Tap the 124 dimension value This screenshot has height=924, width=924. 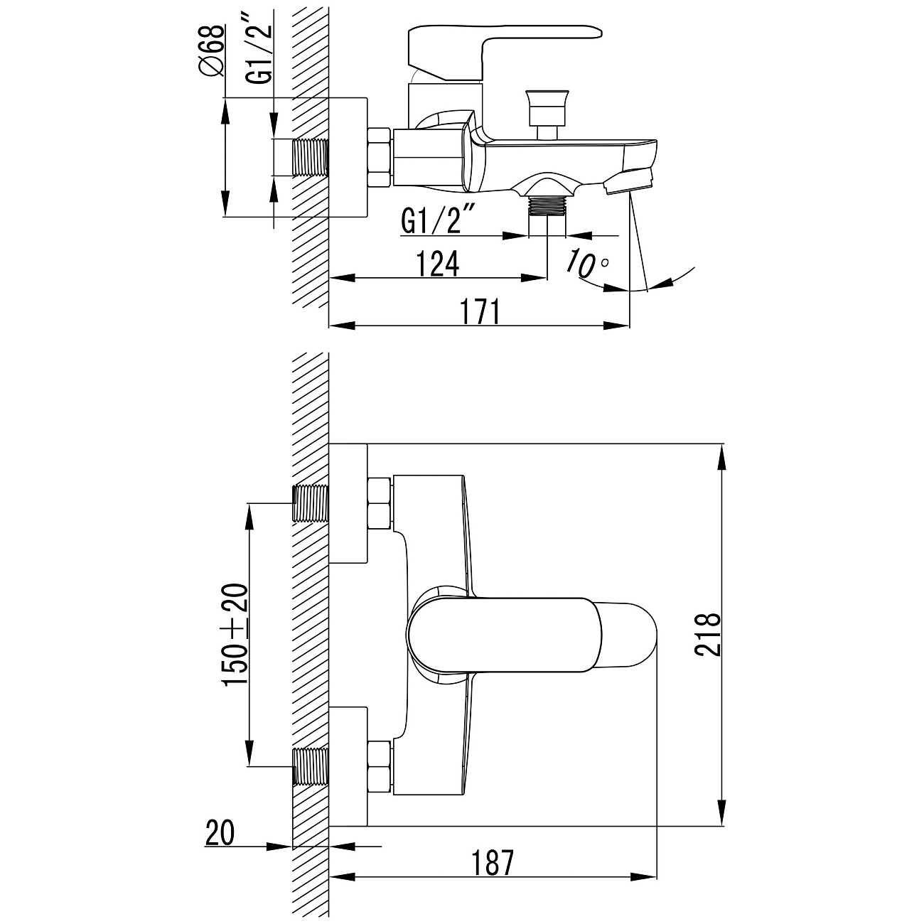click(x=438, y=263)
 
